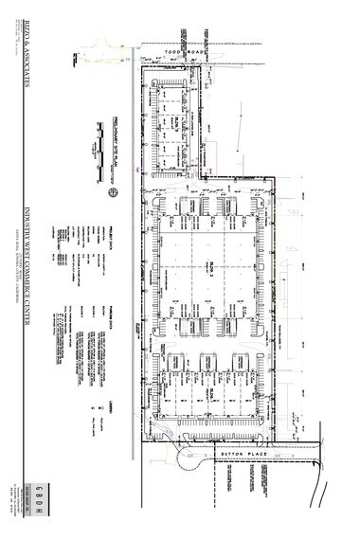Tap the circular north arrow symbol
112,192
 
